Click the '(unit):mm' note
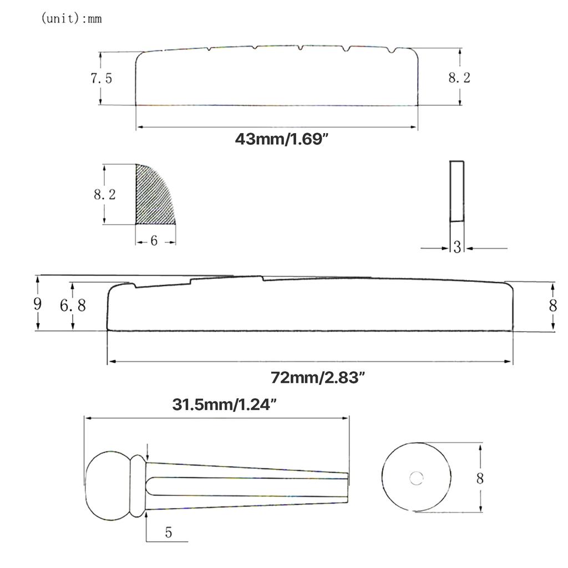click(x=72, y=18)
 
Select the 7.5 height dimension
click(x=101, y=78)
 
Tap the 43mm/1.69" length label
click(x=281, y=139)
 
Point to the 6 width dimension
click(x=154, y=241)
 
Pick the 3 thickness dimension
click(x=457, y=247)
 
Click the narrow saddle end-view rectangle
click(x=457, y=191)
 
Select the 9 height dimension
click(x=37, y=303)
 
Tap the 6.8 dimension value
click(x=73, y=306)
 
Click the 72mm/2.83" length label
click(x=317, y=377)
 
